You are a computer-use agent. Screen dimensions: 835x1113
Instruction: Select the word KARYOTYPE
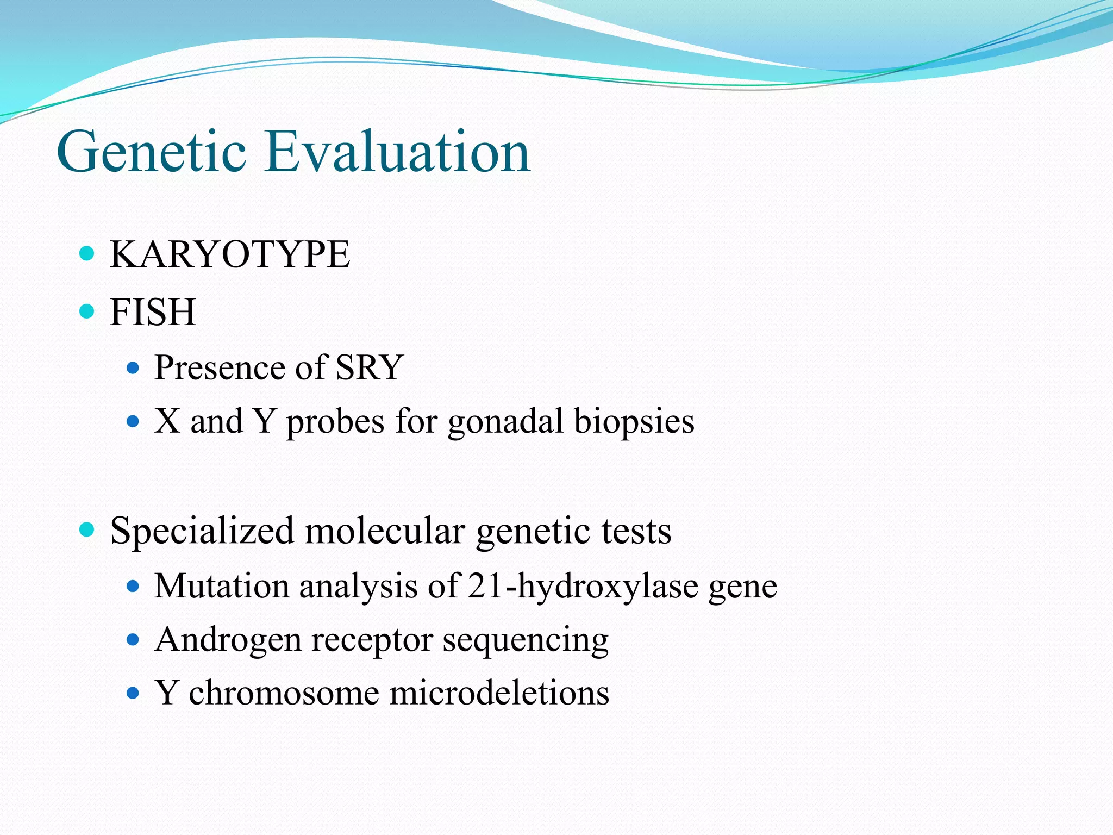point(230,254)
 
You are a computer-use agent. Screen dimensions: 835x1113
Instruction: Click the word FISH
point(153,313)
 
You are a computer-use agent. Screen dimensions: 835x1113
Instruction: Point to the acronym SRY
point(369,367)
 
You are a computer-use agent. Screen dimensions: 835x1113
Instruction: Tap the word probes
point(335,422)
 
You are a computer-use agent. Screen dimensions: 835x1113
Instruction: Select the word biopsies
point(634,422)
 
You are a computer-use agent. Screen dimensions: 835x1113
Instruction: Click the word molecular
point(385,531)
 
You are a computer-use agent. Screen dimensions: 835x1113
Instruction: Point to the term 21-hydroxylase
point(582,586)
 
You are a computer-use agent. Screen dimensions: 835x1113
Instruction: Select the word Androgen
point(228,640)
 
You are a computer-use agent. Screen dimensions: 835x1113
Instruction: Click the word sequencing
point(525,640)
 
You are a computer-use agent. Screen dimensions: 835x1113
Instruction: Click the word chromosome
point(284,693)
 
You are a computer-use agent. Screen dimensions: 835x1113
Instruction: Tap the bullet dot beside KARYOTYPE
point(87,253)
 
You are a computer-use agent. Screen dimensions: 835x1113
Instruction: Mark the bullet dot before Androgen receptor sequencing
point(133,639)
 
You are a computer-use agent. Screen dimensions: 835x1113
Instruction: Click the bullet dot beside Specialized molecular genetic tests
point(87,529)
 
